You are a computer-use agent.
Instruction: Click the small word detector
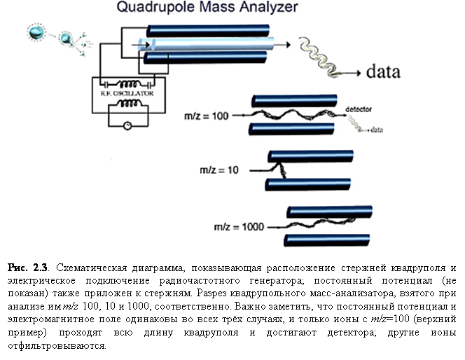tap(363, 110)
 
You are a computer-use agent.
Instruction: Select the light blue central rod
tap(210, 43)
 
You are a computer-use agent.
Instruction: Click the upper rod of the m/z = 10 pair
tap(308, 155)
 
